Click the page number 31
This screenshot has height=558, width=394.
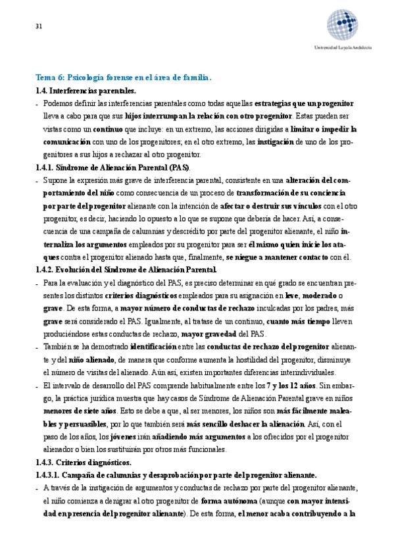pos(39,27)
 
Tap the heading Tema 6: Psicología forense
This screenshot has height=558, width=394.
pos(123,78)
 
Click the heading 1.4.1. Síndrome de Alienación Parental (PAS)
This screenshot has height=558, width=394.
pos(112,167)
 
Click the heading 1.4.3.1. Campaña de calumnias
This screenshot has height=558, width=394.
pos(176,475)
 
